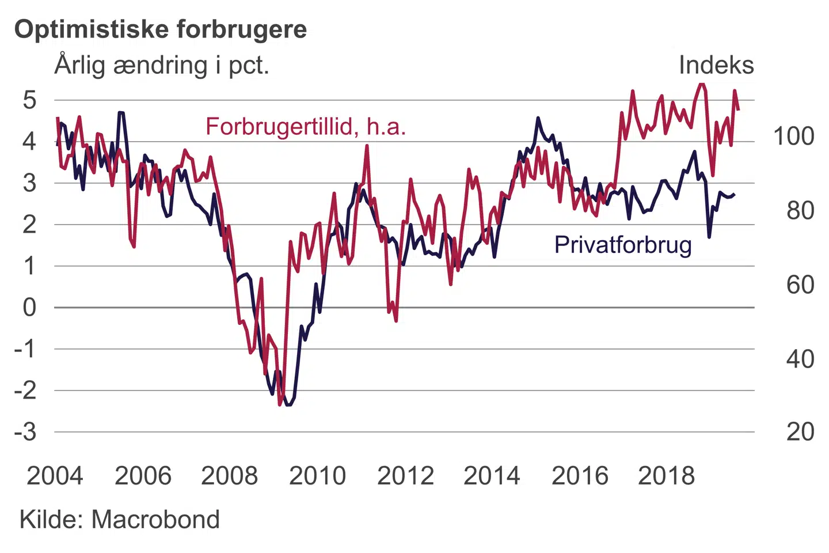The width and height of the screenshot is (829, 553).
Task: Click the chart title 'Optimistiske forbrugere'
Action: click(x=161, y=29)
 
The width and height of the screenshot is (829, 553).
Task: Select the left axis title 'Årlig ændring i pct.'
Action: click(x=162, y=65)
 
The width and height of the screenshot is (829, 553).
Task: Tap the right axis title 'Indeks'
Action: click(x=716, y=65)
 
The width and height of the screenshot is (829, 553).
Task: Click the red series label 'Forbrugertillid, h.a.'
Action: click(x=306, y=127)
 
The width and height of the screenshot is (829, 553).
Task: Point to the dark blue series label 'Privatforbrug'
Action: click(x=623, y=245)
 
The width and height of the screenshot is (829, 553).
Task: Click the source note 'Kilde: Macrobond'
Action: click(x=120, y=520)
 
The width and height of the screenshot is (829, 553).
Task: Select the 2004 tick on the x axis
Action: click(x=55, y=476)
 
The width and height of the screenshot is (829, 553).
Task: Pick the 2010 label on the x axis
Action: click(x=317, y=476)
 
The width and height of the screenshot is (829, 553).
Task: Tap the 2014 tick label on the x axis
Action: click(x=492, y=476)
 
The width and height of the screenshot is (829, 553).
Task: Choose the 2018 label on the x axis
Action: click(x=666, y=476)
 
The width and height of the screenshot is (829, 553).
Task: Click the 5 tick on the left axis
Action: click(x=29, y=100)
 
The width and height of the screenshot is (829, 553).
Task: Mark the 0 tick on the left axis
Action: click(x=29, y=308)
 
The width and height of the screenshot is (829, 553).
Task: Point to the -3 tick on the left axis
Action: click(x=26, y=431)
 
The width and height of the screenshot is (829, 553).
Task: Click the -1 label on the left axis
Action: click(x=26, y=349)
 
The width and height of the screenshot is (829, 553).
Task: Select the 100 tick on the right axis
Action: click(x=793, y=137)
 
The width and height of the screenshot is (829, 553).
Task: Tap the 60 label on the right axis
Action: click(x=800, y=285)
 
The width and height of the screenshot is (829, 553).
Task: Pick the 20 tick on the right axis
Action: click(x=800, y=431)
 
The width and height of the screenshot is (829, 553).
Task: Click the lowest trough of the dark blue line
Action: click(x=288, y=405)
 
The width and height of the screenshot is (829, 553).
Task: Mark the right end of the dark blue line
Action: click(x=734, y=195)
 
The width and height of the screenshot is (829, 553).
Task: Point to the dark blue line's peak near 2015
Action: click(x=538, y=118)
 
